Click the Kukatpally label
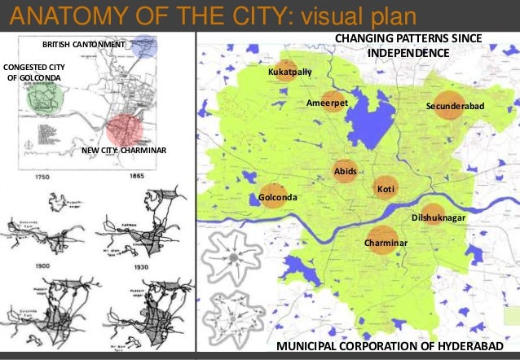coord(290,72)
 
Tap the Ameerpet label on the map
coord(327,103)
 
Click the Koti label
coord(386,190)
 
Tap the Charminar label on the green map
coord(386,244)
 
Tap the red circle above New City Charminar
coord(125,130)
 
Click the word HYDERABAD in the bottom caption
coord(459,347)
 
